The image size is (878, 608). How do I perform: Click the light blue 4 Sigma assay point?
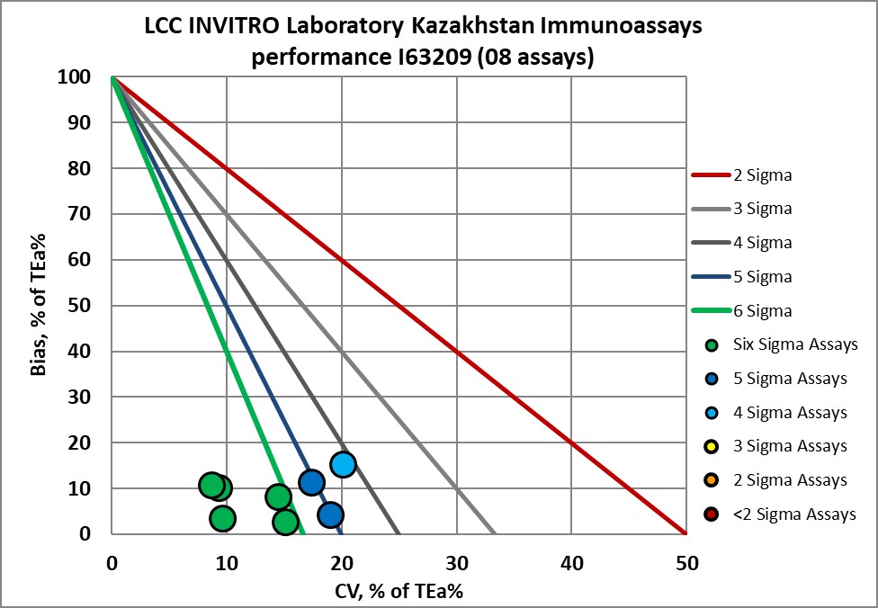click(x=343, y=464)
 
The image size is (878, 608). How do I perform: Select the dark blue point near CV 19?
click(x=330, y=514)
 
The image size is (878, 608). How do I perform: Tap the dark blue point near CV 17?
click(x=311, y=483)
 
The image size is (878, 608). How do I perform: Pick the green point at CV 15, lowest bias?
click(x=285, y=522)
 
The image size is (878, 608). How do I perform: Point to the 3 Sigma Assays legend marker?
click(x=712, y=446)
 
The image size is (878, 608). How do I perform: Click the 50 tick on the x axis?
click(x=685, y=564)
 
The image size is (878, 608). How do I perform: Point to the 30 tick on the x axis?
click(x=457, y=564)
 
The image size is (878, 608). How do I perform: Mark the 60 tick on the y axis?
click(x=82, y=260)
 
